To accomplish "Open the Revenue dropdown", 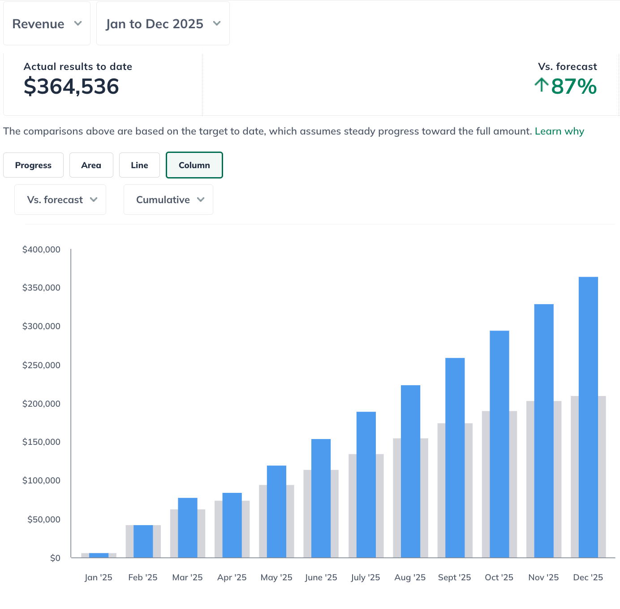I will coord(47,24).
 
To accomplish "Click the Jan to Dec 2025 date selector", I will coord(163,24).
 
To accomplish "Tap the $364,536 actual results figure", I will coord(71,86).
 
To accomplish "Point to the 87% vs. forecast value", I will coord(574,86).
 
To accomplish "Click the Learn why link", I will coord(559,131).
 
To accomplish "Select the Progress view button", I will coord(33,165).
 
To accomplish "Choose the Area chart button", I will coord(91,165).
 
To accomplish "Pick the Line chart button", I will coord(139,165).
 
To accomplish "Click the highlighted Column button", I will coord(194,165).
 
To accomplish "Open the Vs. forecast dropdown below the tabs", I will coord(60,200).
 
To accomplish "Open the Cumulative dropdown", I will coord(168,200).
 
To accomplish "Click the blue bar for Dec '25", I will coord(588,417).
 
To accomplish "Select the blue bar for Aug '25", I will coord(410,471).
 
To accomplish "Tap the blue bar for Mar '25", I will coord(188,527).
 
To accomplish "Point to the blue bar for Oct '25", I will coord(499,444).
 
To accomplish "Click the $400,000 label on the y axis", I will coord(41,249).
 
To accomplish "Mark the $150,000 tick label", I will coord(41,442).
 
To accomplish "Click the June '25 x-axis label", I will coord(321,577).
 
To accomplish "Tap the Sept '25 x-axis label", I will coord(454,577).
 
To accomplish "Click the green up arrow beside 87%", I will coord(541,84).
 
